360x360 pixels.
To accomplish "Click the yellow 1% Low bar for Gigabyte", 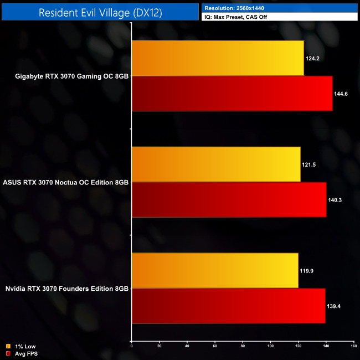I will (x=218, y=58).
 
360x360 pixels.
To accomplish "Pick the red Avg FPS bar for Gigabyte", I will (x=232, y=94).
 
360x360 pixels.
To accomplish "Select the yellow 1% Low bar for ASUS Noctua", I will (x=216, y=164).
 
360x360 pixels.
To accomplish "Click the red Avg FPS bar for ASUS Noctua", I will (x=229, y=200).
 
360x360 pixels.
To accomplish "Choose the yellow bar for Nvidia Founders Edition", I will (x=215, y=271).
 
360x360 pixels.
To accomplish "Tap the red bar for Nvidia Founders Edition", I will (x=228, y=306).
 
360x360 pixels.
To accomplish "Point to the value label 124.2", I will (x=312, y=58).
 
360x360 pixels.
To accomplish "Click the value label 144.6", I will (x=341, y=94).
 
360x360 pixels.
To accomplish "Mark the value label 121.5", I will (x=309, y=164).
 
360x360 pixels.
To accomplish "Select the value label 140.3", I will (x=335, y=200).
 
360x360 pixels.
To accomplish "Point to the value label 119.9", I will (x=307, y=271).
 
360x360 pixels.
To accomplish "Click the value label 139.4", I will (x=334, y=306).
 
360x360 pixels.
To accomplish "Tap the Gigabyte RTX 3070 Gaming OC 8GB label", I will (x=72, y=76).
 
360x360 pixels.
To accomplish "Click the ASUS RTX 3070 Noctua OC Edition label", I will (x=66, y=182).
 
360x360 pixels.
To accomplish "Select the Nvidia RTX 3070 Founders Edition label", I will (x=67, y=289).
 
